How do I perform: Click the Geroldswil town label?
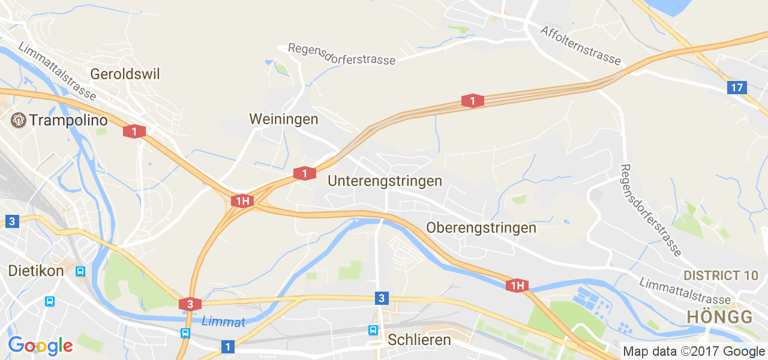tap(125, 74)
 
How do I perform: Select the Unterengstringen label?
tap(385, 181)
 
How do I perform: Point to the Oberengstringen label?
tap(481, 228)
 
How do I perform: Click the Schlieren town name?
tap(419, 340)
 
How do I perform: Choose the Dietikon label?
tap(36, 271)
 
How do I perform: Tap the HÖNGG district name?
tap(719, 317)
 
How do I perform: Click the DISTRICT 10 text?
tap(721, 275)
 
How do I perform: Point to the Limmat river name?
tap(223, 322)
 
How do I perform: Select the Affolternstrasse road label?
tap(580, 45)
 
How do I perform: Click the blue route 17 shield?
tap(737, 88)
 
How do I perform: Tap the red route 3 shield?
tap(190, 304)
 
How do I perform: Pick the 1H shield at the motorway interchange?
tap(242, 201)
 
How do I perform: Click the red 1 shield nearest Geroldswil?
tap(134, 131)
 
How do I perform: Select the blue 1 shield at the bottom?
tap(227, 346)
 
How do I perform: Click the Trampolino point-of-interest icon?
tap(19, 120)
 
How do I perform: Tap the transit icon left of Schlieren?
tap(373, 330)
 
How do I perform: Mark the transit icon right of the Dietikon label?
tap(80, 271)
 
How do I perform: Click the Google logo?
tap(40, 346)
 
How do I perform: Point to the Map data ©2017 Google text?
tap(694, 352)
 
